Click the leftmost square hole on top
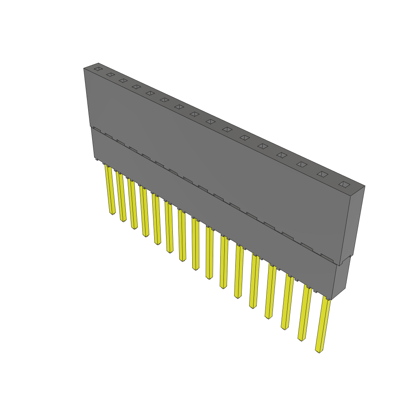coord(98,69)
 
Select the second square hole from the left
coord(110,74)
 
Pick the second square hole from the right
coord(322,174)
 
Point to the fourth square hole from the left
coord(136,87)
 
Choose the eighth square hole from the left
coord(194,114)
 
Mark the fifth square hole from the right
coord(263,146)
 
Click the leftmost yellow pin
coord(110,190)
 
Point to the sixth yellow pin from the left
coord(169,227)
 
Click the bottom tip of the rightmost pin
coord(319,351)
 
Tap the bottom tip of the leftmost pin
coord(112,214)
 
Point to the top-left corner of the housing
coord(84,68)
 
